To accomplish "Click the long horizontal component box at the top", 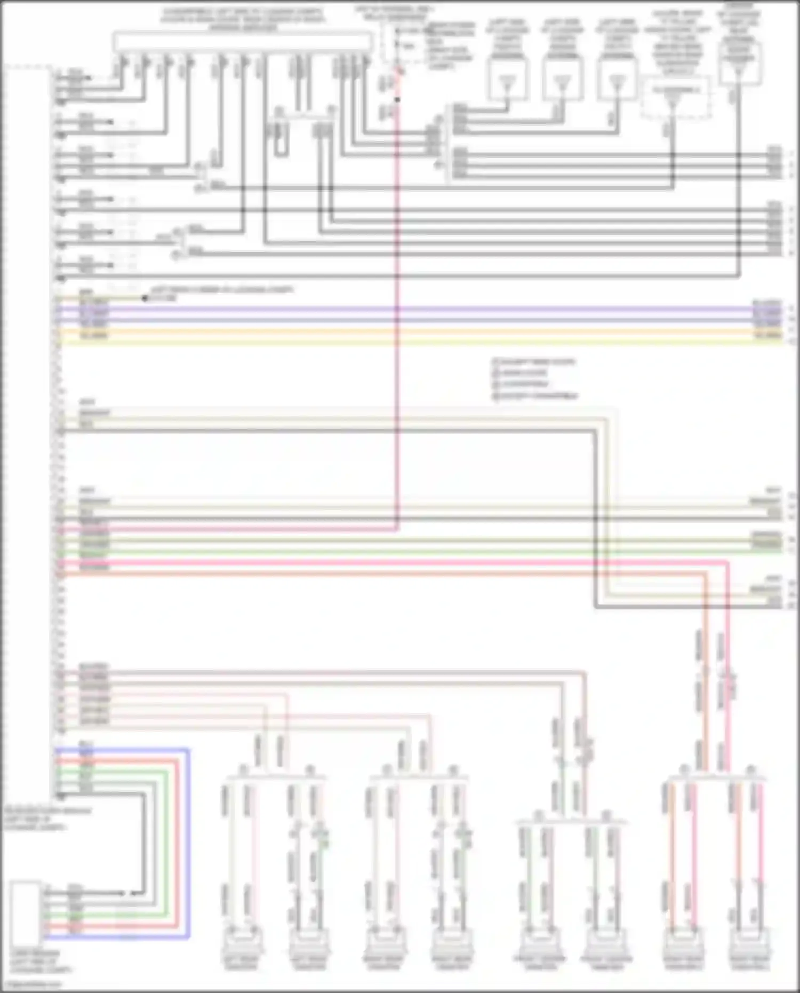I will pyautogui.click(x=243, y=42).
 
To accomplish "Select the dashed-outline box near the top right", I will pyautogui.click(x=676, y=98).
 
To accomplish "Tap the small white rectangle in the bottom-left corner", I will pyautogui.click(x=25, y=914).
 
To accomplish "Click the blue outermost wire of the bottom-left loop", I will pyautogui.click(x=188, y=843).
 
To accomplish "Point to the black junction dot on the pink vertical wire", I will pyautogui.click(x=397, y=99).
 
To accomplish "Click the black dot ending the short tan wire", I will pyautogui.click(x=145, y=298).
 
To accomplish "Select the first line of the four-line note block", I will pyautogui.click(x=533, y=362).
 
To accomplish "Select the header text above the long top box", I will pyautogui.click(x=243, y=19).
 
